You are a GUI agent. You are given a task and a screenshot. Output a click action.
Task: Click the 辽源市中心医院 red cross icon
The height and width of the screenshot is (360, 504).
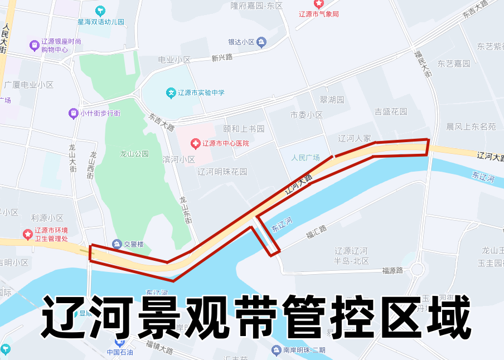point(195,144)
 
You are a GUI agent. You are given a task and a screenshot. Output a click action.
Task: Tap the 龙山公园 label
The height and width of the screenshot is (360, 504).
point(134,154)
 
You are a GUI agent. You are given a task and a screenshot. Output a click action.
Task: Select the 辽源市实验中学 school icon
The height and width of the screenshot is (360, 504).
point(172,92)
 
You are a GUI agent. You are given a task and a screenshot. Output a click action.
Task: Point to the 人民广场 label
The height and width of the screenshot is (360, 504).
point(306,158)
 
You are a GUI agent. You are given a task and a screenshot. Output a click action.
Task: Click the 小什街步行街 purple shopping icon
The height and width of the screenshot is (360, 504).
point(73,113)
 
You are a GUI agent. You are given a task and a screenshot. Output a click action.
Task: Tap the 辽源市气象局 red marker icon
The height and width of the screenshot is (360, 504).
point(319,3)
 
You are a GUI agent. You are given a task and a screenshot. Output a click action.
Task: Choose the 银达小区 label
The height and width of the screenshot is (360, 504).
point(241,42)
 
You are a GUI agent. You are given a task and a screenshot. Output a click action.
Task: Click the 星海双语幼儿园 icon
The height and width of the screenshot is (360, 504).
point(100,11)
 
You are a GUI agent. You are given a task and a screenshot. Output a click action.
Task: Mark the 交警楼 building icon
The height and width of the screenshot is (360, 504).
point(117,244)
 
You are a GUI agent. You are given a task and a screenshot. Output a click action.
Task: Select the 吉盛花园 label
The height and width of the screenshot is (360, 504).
point(391,111)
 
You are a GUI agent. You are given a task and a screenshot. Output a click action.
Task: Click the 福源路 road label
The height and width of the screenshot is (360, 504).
point(392,271)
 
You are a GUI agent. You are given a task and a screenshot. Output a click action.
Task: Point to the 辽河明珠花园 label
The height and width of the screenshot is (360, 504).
point(222,172)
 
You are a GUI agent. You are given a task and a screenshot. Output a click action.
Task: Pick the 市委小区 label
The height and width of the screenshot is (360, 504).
point(307,115)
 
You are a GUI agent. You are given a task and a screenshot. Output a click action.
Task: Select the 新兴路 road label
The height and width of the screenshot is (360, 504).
point(222,57)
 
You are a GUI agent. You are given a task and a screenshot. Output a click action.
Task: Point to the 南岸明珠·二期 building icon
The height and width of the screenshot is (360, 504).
point(276,350)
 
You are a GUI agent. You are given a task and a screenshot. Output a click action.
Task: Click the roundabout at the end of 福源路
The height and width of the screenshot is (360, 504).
point(416,270)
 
